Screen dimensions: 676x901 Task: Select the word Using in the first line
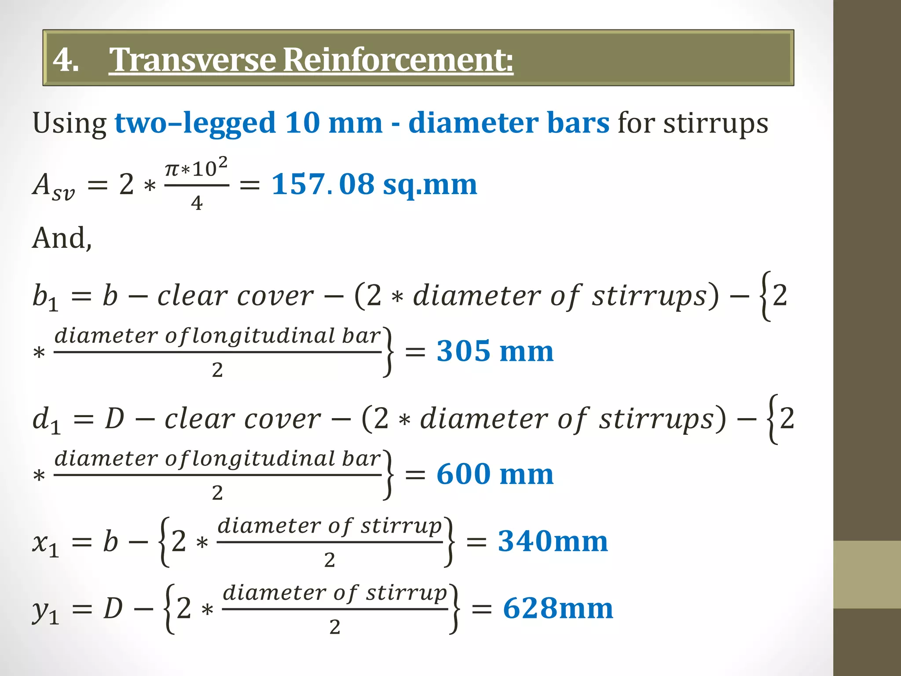pos(69,123)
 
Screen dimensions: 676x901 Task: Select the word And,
pos(62,239)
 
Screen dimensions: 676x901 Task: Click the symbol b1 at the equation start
pos(45,297)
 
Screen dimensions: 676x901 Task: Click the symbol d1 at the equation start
pos(46,420)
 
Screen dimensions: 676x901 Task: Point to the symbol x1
pos(45,543)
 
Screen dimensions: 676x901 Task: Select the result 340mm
pos(553,541)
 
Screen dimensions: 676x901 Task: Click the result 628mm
pos(558,608)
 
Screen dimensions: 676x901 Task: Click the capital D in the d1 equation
pos(115,419)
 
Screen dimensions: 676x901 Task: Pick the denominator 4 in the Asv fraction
pos(197,203)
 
